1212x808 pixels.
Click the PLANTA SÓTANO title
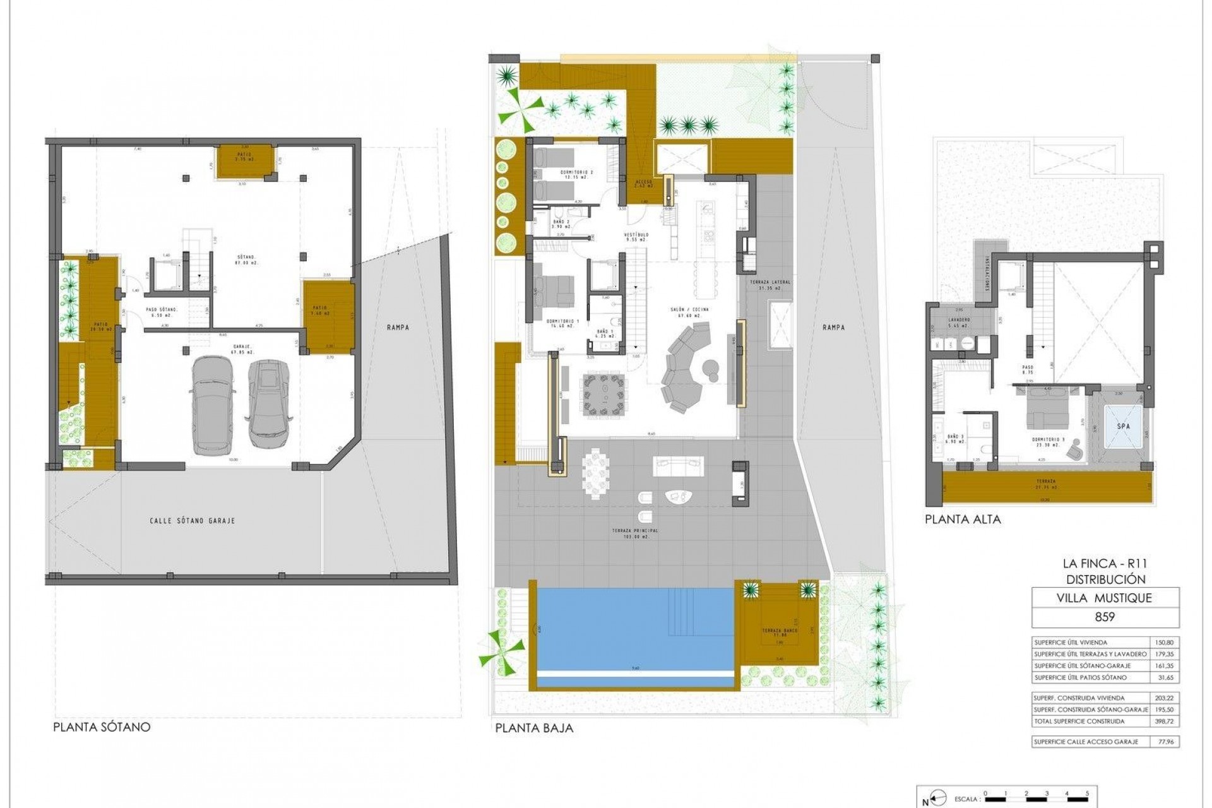102,727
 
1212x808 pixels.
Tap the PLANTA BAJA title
534,728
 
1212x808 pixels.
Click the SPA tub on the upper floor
1124,426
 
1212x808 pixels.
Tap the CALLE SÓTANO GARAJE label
192,521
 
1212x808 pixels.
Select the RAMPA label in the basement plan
399,327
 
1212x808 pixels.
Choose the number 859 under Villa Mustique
1105,617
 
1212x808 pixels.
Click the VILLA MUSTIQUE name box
1105,598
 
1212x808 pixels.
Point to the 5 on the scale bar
1087,793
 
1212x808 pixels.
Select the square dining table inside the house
605,396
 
